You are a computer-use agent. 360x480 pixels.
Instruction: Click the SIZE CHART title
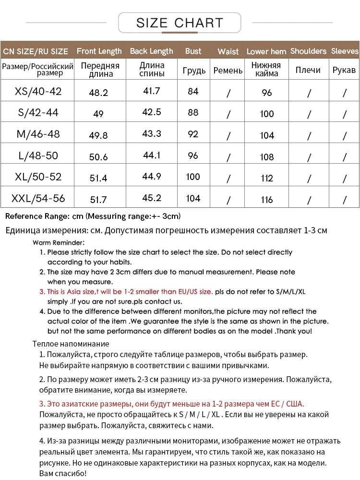[x=180, y=23]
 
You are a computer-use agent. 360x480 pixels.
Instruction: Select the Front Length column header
[x=99, y=51]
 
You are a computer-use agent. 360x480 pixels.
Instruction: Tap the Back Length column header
[x=152, y=51]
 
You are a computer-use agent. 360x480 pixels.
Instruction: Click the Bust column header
[x=193, y=51]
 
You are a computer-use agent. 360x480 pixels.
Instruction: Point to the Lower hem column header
[x=266, y=51]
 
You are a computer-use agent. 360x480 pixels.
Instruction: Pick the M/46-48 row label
[x=38, y=134]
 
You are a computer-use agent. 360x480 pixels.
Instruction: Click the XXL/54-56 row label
[x=38, y=198]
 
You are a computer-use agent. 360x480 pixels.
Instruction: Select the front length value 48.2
[x=98, y=93]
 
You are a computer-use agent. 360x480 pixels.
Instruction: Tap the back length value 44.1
[x=152, y=155]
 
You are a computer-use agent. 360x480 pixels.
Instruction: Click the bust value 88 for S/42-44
[x=193, y=113]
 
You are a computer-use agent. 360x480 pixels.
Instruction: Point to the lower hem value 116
[x=267, y=200]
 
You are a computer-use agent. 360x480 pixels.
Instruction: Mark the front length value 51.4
[x=98, y=178]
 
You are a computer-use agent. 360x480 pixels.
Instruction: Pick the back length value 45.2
[x=152, y=198]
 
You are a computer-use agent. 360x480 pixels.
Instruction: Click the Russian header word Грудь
[x=194, y=71]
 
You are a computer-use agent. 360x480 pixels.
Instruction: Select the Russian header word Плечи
[x=308, y=70]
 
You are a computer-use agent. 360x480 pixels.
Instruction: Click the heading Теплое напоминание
[x=71, y=344]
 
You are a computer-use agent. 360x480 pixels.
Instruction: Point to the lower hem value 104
[x=267, y=135]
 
